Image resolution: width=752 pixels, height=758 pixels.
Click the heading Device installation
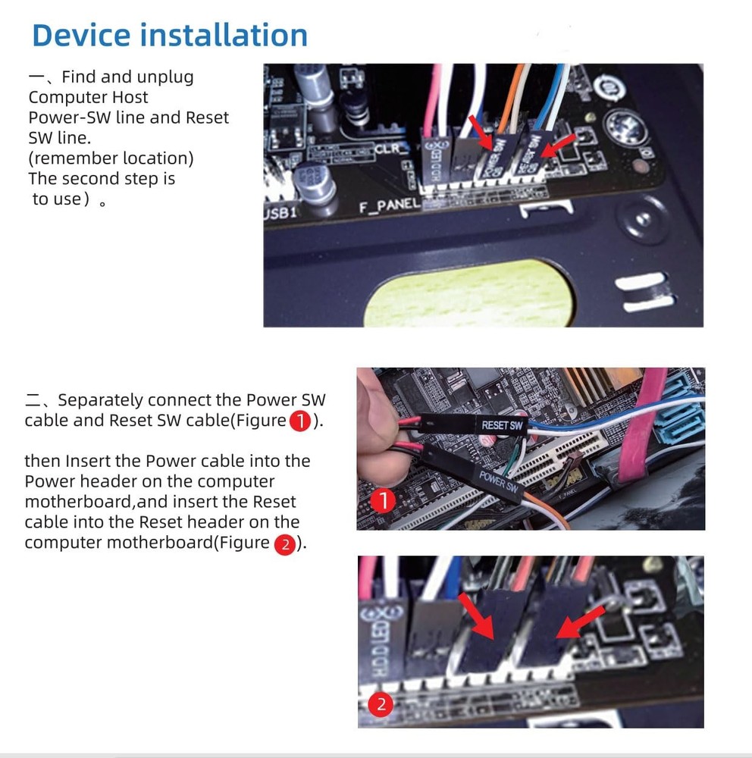(x=170, y=35)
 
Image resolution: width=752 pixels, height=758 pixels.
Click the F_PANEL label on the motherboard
(x=389, y=206)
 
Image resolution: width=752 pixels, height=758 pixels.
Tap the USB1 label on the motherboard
(x=281, y=213)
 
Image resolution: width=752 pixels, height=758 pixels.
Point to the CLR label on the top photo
(x=392, y=149)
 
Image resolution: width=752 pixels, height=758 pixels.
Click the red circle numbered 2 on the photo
(x=381, y=705)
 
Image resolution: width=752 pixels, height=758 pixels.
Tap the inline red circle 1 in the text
(x=300, y=421)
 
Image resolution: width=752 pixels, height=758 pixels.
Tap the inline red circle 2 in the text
(x=284, y=543)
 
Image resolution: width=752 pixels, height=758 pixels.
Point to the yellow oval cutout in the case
(x=468, y=292)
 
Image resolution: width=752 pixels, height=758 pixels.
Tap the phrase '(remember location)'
(x=111, y=158)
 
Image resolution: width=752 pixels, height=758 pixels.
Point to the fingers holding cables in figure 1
(x=376, y=424)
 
